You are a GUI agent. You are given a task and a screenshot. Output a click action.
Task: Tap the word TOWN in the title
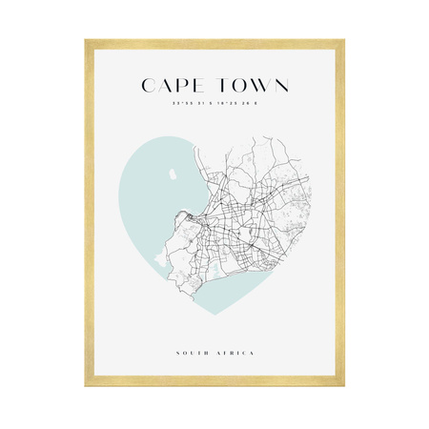pos(249,86)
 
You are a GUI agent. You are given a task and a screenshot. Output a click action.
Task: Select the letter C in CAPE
pos(150,86)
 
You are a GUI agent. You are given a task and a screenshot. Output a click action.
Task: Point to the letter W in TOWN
pos(255,86)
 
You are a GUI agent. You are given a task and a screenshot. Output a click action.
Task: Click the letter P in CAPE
pos(182,86)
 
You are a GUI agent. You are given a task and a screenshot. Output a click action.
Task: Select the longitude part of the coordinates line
pos(238,103)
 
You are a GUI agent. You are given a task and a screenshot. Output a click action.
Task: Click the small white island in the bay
pos(168,174)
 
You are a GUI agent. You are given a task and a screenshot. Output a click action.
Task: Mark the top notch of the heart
pos(214,153)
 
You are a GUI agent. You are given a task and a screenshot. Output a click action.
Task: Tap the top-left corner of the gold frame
pos(86,41)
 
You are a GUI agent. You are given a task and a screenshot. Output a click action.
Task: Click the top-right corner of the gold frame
pos(342,41)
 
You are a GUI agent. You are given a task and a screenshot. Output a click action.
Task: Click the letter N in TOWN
pos(278,86)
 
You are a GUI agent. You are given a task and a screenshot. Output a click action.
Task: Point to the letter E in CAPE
pos(197,86)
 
